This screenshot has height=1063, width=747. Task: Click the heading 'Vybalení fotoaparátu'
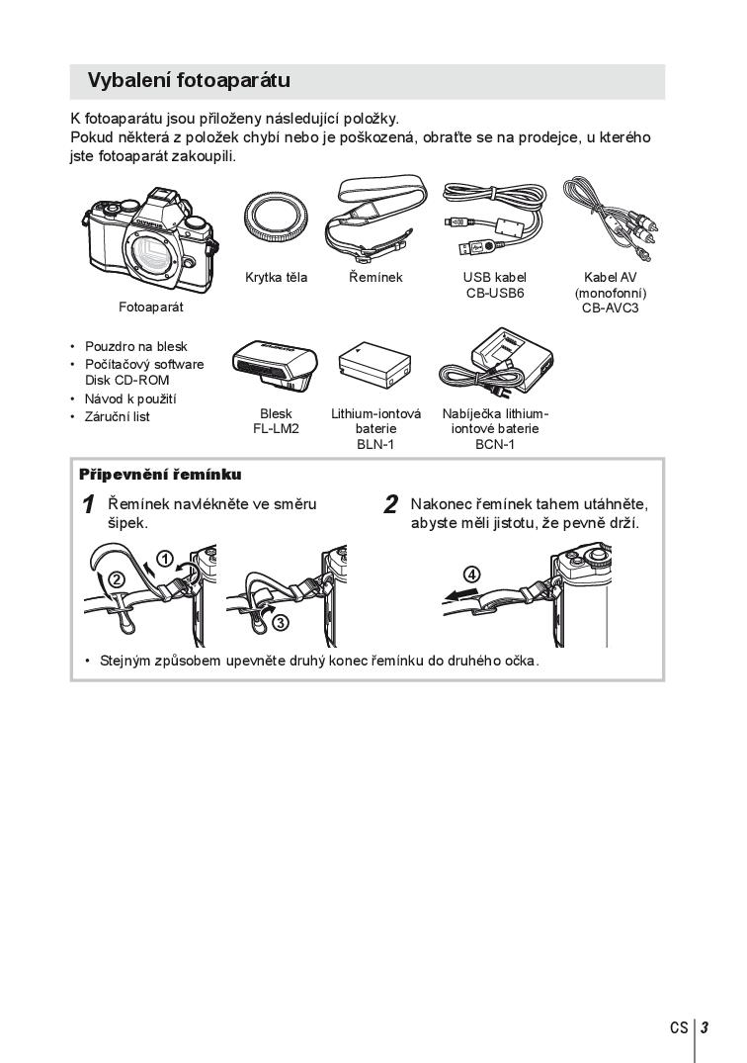point(189,81)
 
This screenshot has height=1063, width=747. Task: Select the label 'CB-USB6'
point(495,293)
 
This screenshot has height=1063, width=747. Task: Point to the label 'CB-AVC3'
point(611,308)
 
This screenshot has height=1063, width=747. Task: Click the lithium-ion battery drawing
point(375,366)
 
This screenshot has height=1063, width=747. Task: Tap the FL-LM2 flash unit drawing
point(275,366)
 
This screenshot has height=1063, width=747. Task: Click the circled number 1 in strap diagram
point(165,560)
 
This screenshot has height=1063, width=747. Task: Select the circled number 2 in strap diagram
point(117,579)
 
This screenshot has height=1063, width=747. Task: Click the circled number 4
point(472,575)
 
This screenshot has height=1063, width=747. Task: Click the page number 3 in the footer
point(705,1027)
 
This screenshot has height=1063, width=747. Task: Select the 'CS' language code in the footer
point(679,1027)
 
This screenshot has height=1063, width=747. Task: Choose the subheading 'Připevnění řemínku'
point(160,475)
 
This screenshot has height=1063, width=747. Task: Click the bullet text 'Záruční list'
point(118,417)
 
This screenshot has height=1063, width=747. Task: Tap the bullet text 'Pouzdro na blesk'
point(136,346)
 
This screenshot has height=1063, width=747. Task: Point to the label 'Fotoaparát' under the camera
point(151,308)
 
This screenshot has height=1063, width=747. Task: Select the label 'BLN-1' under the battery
point(375,445)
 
